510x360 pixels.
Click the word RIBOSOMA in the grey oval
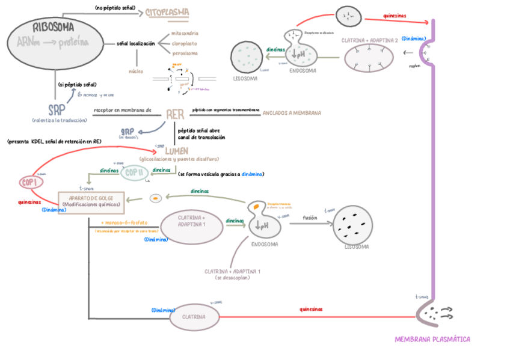(54, 27)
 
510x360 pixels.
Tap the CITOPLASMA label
(167, 11)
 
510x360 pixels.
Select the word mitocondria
(185, 33)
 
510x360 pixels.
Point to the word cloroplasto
(185, 43)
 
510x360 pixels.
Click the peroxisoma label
(185, 53)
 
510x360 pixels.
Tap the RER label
(175, 114)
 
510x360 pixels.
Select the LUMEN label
(177, 151)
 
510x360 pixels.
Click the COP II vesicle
(133, 173)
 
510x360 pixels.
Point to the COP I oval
(28, 182)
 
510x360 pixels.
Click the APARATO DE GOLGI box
(91, 201)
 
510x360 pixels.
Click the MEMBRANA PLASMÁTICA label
(432, 339)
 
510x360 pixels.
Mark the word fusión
(310, 218)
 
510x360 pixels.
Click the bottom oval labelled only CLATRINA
(194, 317)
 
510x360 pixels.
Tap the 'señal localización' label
(136, 43)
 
